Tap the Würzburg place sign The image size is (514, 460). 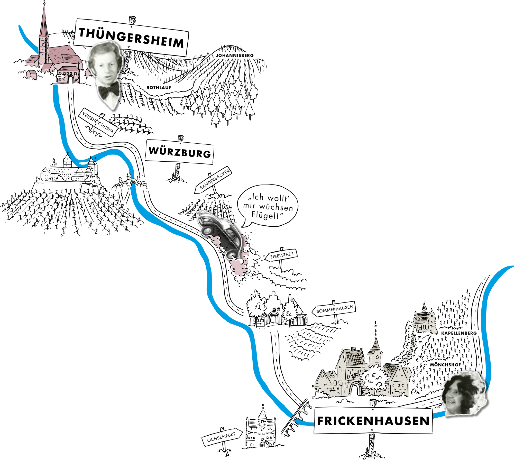[179, 152]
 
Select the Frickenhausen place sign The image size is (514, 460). [373, 421]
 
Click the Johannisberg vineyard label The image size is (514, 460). [235, 55]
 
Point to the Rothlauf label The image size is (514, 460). [159, 88]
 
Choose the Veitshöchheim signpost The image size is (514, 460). [98, 122]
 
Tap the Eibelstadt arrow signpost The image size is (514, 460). [281, 255]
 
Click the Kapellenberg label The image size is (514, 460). [459, 333]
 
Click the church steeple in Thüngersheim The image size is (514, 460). [44, 28]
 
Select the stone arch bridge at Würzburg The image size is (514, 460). [131, 183]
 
